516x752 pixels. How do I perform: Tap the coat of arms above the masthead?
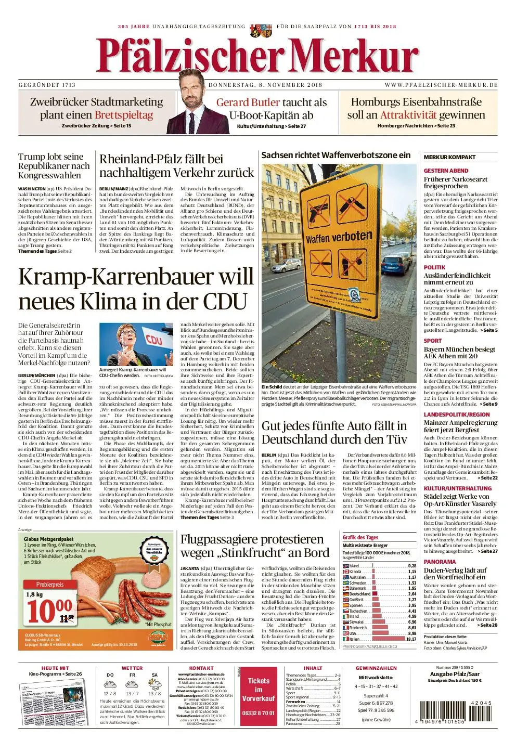point(258,30)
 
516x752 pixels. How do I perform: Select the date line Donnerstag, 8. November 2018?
point(265,85)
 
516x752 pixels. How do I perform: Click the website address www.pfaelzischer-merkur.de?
point(441,85)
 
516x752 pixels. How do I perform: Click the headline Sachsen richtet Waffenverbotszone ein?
point(336,155)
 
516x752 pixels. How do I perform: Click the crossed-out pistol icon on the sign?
point(318,209)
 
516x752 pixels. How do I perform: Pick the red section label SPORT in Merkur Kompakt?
point(432,341)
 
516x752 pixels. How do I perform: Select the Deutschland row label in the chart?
point(359,594)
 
